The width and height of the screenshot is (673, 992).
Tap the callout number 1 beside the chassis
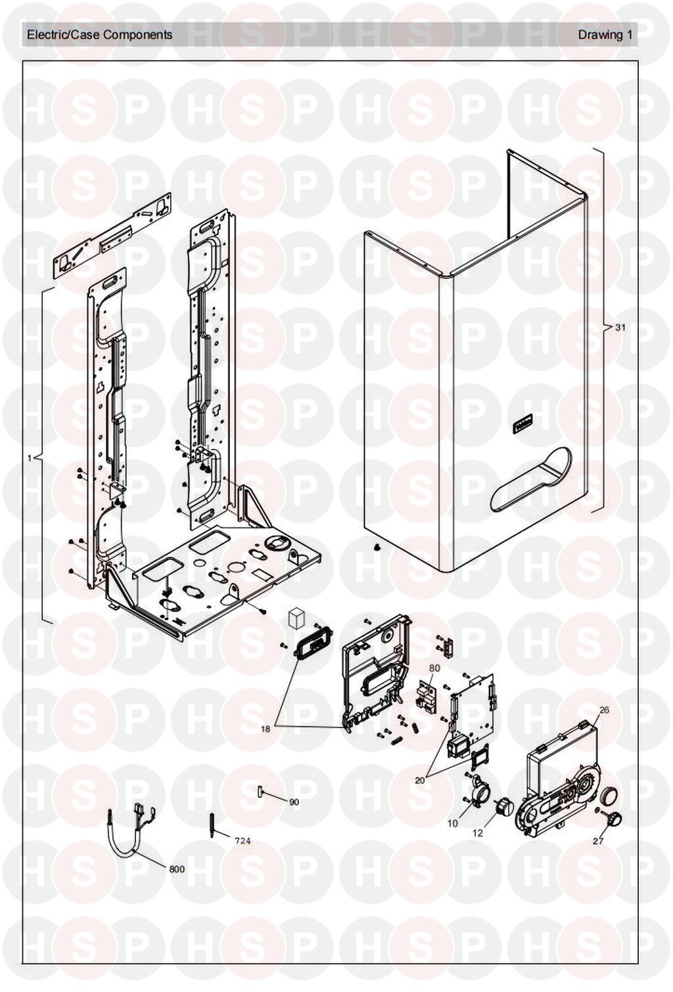[29, 458]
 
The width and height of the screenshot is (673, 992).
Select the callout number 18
[266, 728]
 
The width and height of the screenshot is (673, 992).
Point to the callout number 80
[434, 668]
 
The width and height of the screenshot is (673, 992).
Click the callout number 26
[604, 710]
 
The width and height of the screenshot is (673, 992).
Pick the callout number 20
[420, 780]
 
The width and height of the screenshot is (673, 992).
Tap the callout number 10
[453, 823]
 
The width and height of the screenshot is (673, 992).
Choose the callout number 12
[478, 832]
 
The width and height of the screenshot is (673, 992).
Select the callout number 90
[294, 802]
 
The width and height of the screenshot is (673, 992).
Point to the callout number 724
[243, 840]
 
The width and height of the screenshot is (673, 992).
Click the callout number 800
[177, 869]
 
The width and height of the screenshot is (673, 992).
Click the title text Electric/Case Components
[99, 35]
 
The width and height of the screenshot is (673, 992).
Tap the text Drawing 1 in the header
[605, 35]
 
